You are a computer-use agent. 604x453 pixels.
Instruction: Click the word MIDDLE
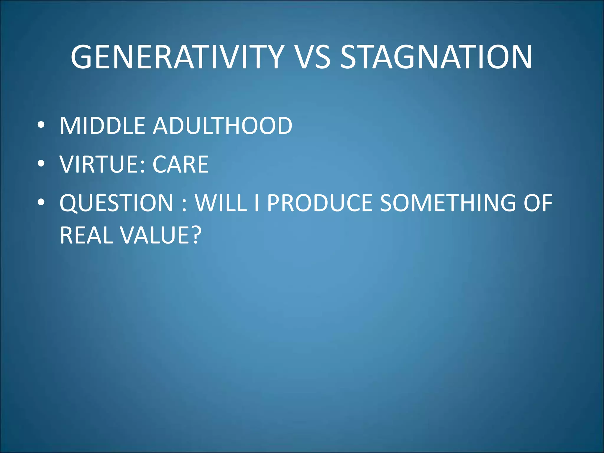102,126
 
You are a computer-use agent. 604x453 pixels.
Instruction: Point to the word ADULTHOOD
223,126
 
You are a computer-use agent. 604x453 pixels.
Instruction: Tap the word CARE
180,164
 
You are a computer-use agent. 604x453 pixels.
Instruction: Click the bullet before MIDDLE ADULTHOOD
41,125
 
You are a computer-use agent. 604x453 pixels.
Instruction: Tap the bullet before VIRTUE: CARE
41,164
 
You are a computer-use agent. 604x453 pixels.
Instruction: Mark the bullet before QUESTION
41,202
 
